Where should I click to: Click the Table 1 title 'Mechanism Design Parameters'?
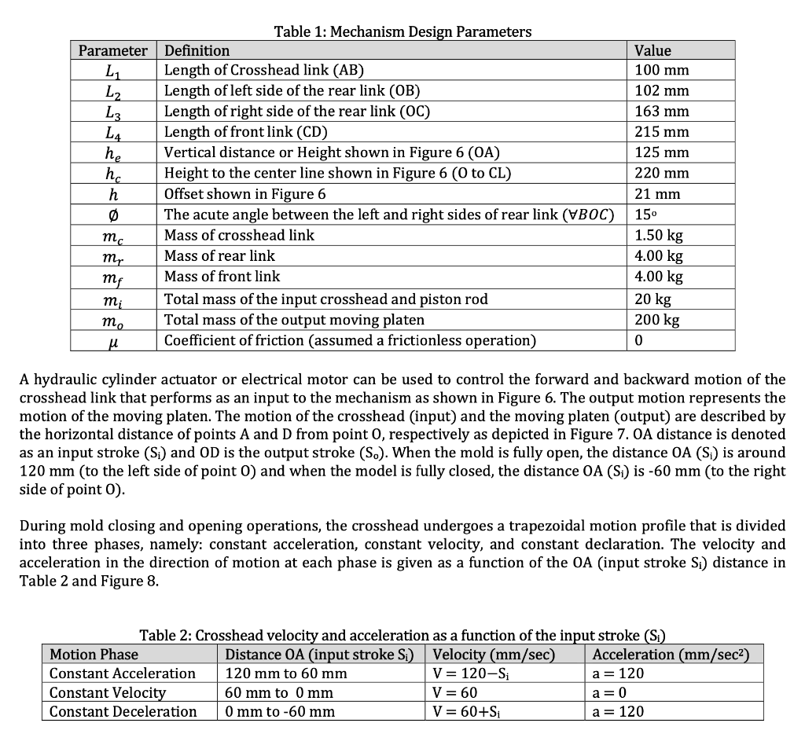[x=431, y=31]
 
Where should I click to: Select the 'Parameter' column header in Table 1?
[x=113, y=50]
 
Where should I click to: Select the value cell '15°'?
[x=647, y=215]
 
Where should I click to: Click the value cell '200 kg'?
[x=658, y=320]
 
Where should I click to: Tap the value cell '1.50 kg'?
[x=661, y=235]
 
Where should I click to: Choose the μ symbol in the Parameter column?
[x=113, y=341]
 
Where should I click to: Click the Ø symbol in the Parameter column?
[x=113, y=215]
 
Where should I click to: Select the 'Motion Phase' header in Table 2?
[x=94, y=654]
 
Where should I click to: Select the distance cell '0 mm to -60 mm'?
[x=280, y=711]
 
